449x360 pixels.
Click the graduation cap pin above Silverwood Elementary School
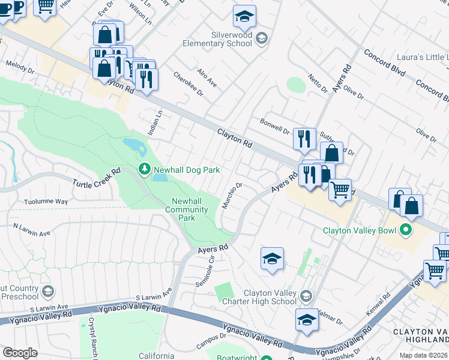pyautogui.click(x=244, y=17)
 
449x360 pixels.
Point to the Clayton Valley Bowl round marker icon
pyautogui.click(x=406, y=230)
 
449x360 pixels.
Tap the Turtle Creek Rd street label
pyautogui.click(x=97, y=178)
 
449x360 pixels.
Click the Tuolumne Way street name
pyautogui.click(x=46, y=202)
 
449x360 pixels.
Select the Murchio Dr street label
pyautogui.click(x=232, y=196)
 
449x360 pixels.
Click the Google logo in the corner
pyautogui.click(x=20, y=353)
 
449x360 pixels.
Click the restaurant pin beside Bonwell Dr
pyautogui.click(x=304, y=139)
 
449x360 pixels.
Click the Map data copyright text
pyautogui.click(x=423, y=355)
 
